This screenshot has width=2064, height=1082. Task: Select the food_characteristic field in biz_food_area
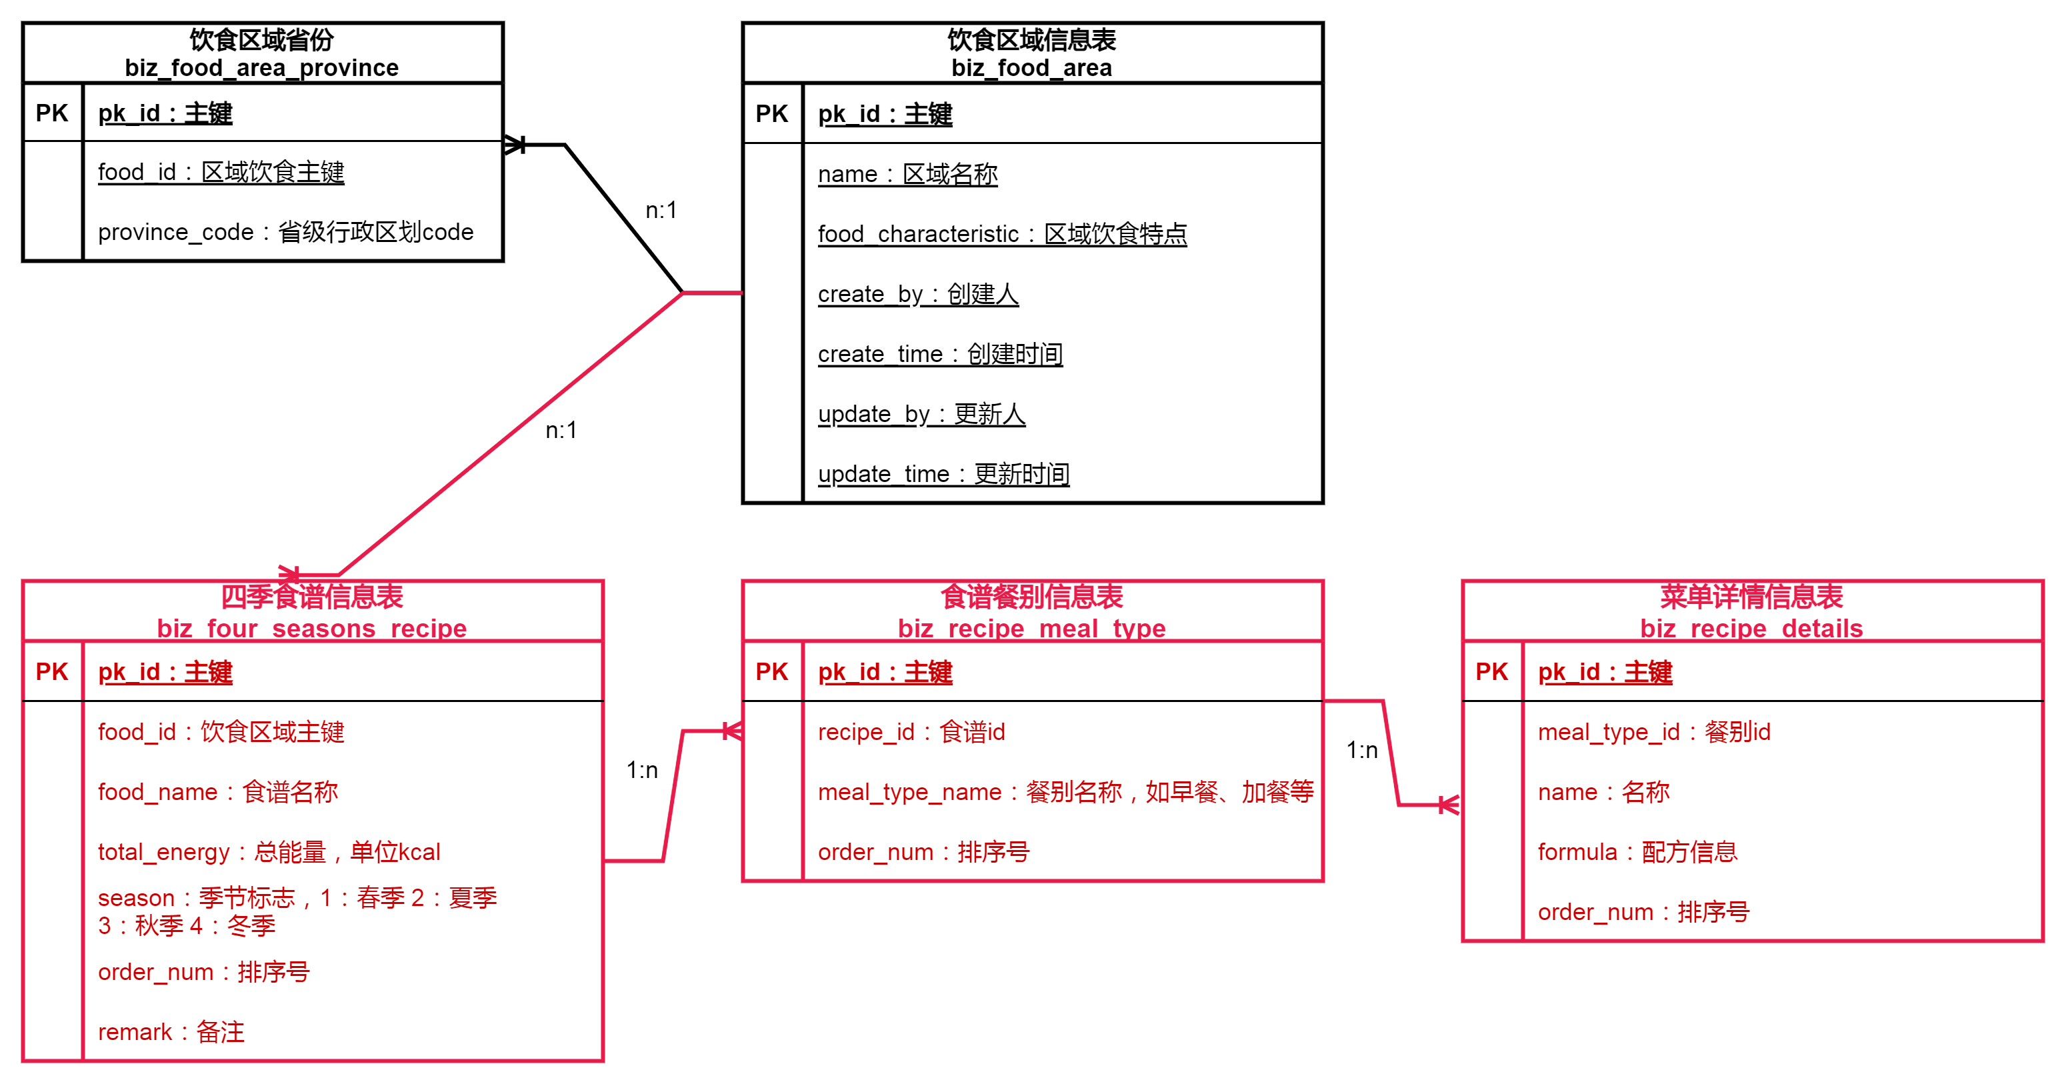[1001, 234]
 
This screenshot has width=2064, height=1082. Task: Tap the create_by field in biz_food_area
[917, 294]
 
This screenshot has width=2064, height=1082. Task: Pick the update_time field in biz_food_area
[943, 475]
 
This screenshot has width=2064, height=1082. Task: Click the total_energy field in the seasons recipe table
[269, 852]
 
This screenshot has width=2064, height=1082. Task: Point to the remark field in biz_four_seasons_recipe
[171, 1032]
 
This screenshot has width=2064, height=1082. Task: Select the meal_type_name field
[1065, 792]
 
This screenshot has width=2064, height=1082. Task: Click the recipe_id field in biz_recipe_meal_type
[911, 732]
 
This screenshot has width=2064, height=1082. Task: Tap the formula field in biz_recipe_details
[1637, 852]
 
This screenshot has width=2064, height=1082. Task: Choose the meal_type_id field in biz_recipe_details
[1654, 732]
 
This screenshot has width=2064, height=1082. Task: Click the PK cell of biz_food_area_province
[52, 113]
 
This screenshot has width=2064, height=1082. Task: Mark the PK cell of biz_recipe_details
[1491, 671]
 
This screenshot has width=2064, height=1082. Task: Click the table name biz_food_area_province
[261, 68]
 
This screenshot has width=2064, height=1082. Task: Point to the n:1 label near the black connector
[661, 210]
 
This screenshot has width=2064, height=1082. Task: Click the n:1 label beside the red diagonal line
[561, 431]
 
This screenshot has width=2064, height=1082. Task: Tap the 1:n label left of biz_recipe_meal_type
[642, 770]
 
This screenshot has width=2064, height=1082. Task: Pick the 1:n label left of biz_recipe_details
[1362, 750]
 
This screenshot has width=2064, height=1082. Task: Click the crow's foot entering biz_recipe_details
[1449, 805]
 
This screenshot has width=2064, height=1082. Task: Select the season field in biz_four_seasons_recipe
[297, 911]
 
